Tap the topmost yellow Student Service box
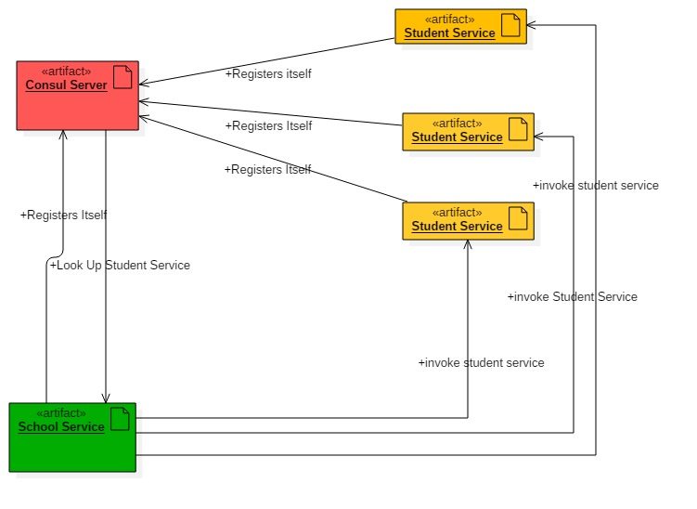(x=460, y=26)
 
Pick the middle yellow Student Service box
(x=468, y=131)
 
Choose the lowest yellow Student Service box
(x=468, y=220)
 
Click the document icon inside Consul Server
(x=122, y=77)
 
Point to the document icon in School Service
(x=119, y=419)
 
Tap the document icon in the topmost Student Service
(x=510, y=25)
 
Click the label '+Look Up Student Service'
(x=120, y=266)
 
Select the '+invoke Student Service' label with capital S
(x=572, y=297)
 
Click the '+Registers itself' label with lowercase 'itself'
(x=267, y=74)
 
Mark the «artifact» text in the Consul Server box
(x=66, y=72)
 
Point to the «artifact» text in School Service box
(x=60, y=413)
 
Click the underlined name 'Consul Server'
(x=66, y=85)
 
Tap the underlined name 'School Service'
(x=61, y=427)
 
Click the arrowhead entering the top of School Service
(x=106, y=398)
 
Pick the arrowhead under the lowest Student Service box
(x=468, y=244)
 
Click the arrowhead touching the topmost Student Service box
(x=533, y=25)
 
